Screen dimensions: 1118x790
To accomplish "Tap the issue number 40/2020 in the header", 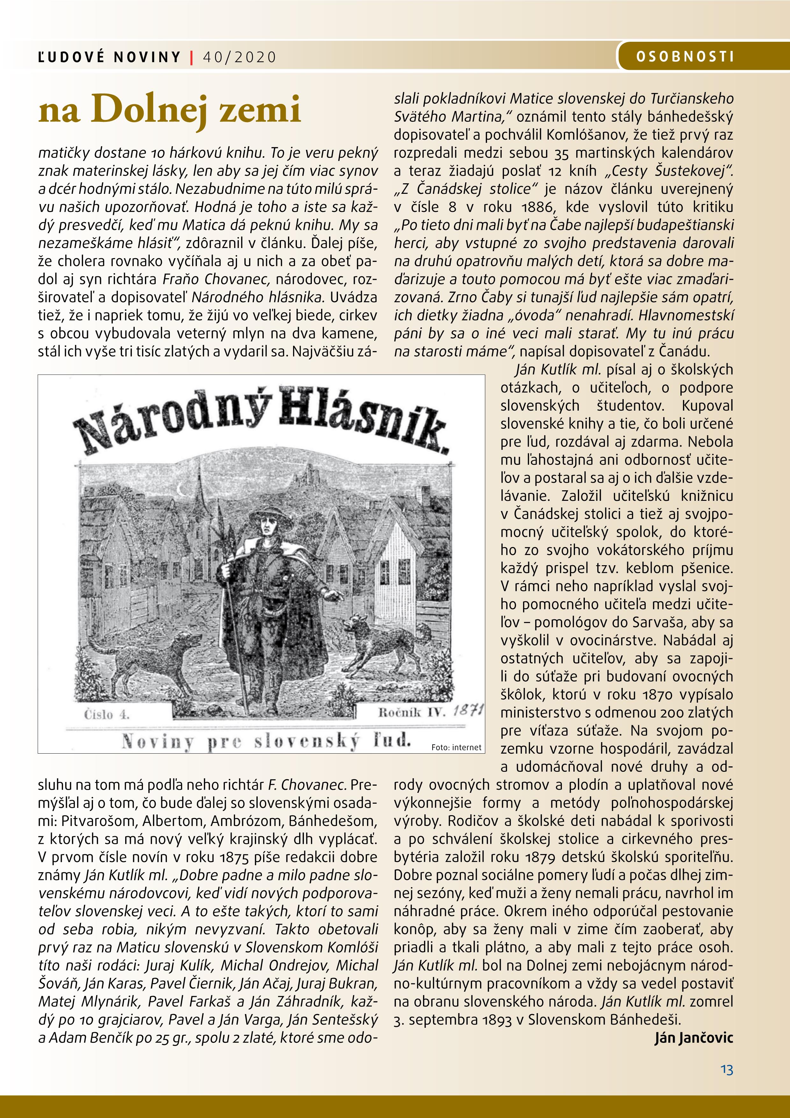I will [239, 57].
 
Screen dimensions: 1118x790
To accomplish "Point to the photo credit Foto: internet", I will [456, 747].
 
